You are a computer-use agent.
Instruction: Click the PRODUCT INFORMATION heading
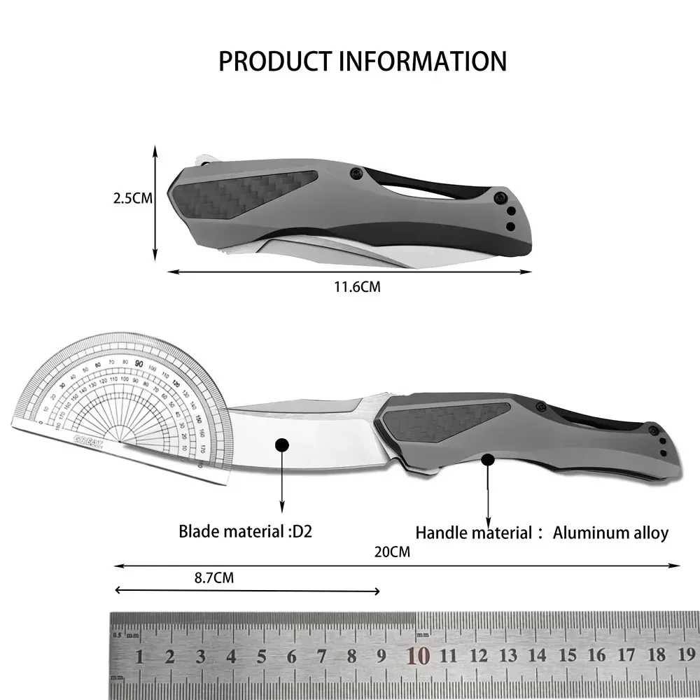362,62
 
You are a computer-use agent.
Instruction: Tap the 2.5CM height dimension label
133,198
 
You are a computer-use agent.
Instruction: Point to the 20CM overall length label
392,552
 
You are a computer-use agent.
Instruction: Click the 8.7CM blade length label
213,577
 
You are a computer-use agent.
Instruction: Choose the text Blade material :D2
245,531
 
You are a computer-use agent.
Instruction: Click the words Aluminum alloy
610,533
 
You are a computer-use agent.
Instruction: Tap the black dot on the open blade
281,445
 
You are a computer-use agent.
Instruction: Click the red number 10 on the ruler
418,656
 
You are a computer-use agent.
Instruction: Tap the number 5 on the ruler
260,657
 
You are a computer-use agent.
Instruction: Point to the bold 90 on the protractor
139,363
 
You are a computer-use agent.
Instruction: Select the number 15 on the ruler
567,656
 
